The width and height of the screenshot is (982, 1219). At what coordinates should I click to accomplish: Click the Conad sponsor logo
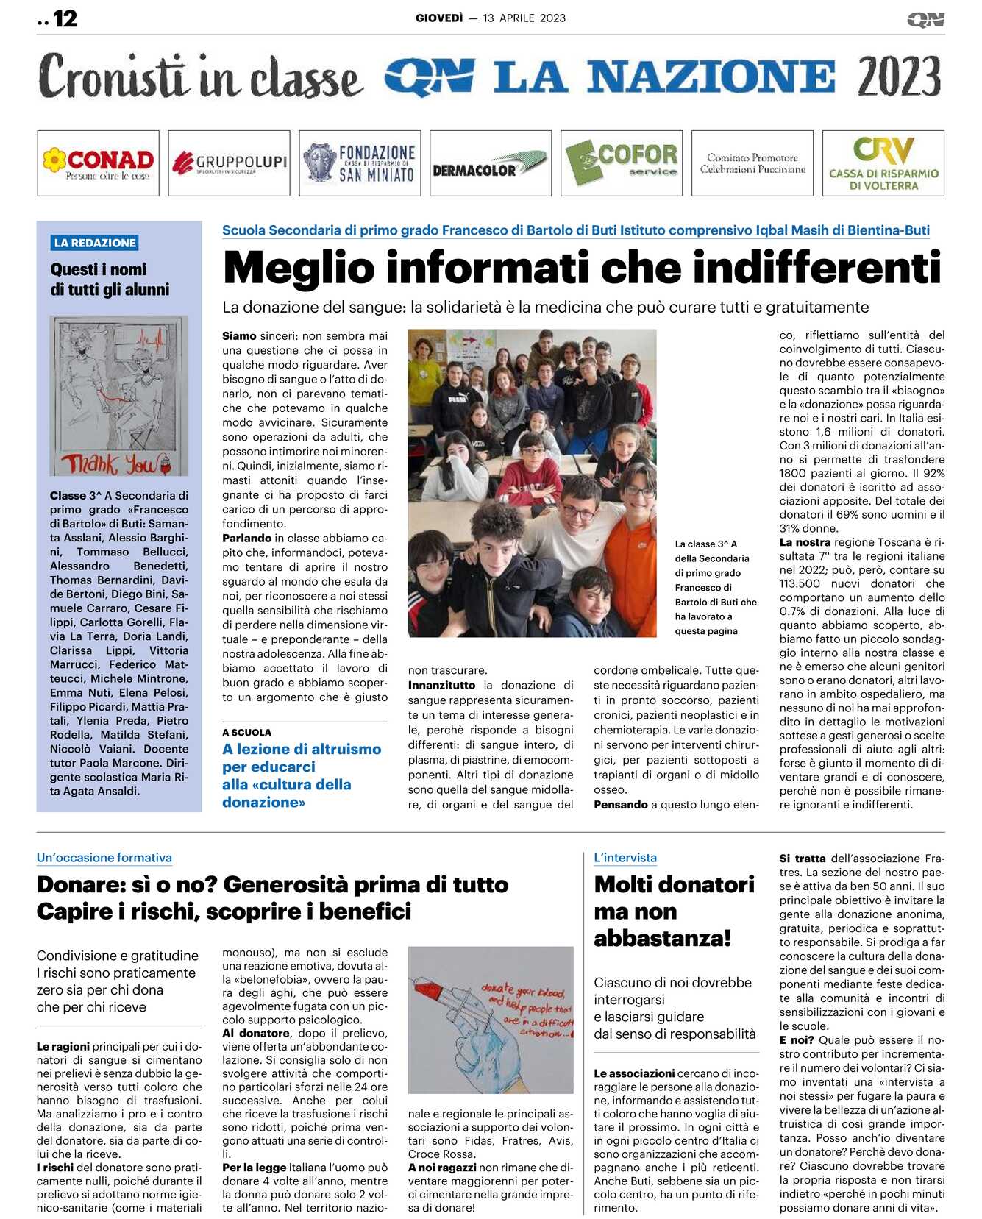[x=98, y=163]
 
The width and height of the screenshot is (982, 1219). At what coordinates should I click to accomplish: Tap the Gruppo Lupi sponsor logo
[x=229, y=163]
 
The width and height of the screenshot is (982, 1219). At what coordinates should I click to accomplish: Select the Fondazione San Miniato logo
[x=360, y=163]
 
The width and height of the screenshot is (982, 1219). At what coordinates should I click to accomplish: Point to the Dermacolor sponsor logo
[x=490, y=163]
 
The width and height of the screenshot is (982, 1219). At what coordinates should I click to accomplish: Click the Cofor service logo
[x=621, y=163]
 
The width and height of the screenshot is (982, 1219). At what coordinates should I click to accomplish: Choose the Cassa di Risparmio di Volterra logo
[x=883, y=163]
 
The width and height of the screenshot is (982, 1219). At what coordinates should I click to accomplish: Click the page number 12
[x=65, y=18]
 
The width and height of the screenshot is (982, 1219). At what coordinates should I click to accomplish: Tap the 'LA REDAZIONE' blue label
[x=95, y=243]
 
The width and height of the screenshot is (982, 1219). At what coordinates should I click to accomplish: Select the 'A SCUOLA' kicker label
[x=246, y=732]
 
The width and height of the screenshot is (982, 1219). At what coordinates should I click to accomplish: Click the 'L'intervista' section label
[x=625, y=858]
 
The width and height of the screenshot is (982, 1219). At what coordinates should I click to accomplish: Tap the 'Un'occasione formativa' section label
[x=104, y=858]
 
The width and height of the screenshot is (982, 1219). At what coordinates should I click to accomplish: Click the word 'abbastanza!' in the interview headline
[x=662, y=939]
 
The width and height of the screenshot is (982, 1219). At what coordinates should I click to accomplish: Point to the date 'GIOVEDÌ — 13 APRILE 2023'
[x=491, y=18]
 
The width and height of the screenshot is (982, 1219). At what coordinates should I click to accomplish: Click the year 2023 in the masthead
[x=899, y=77]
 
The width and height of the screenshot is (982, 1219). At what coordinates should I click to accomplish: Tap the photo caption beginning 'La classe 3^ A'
[x=715, y=587]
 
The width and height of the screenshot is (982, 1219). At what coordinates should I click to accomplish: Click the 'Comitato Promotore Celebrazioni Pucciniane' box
[x=752, y=163]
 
